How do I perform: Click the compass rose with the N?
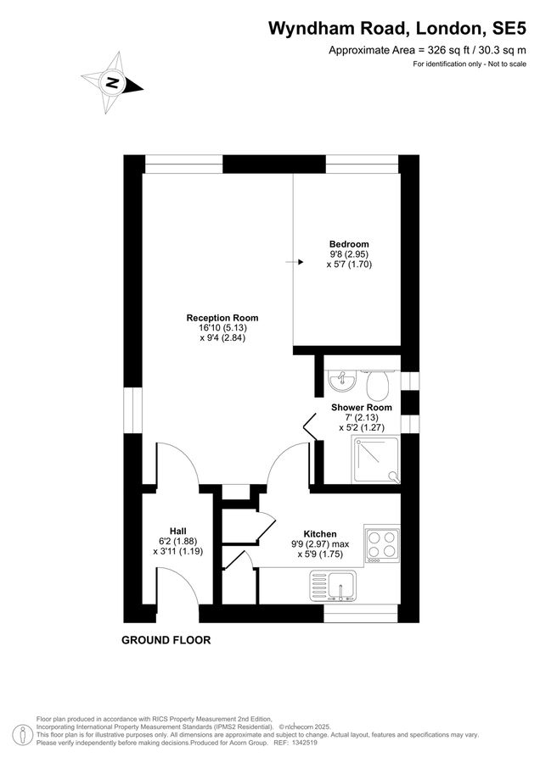(x=112, y=82)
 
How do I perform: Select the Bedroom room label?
(x=349, y=244)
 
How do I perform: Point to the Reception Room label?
(x=222, y=318)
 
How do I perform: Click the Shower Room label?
(x=362, y=408)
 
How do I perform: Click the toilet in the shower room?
(x=379, y=386)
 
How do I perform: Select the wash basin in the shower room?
(x=340, y=381)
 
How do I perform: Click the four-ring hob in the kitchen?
(x=381, y=544)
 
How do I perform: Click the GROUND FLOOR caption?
(x=166, y=640)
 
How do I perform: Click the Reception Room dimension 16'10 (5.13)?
(x=222, y=328)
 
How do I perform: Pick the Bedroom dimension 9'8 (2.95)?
(x=349, y=254)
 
